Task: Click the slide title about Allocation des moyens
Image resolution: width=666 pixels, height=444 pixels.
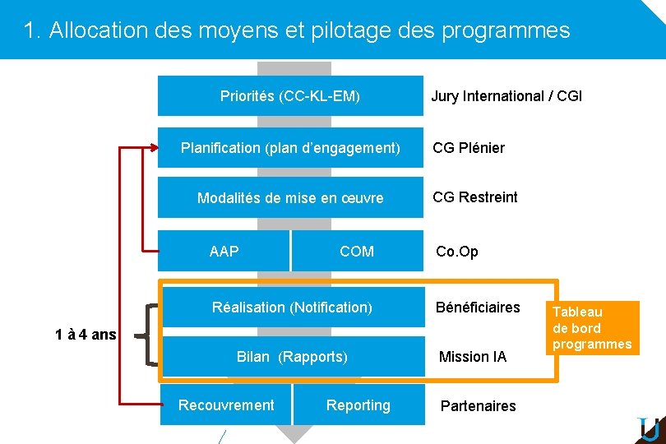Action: pos(297,30)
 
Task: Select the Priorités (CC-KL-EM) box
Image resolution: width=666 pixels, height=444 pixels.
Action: pos(289,96)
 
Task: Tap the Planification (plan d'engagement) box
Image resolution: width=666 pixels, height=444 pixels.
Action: pos(289,148)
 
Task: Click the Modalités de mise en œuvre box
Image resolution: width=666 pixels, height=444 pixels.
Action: pos(289,198)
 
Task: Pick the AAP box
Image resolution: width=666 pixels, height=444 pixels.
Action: pos(224,252)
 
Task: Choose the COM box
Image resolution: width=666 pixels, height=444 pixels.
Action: pos(357,252)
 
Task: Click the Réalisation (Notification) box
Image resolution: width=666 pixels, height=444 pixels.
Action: pos(292,308)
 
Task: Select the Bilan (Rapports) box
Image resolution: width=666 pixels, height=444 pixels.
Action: pos(292,357)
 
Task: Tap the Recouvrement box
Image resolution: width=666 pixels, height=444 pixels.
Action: pos(226,405)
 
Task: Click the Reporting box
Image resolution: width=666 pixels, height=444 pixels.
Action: pos(358,405)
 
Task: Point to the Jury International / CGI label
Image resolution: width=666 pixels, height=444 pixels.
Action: pos(506,96)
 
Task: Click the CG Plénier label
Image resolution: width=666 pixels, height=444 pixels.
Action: pos(469,148)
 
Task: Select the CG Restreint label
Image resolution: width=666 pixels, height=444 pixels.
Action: pos(475,197)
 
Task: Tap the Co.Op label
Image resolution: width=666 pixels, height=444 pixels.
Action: pos(456,252)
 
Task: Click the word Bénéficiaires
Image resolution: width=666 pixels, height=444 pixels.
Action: pos(478,308)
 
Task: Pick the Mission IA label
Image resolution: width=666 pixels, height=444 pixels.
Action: pos(473,357)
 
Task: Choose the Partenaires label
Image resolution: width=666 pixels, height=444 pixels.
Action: pos(479,405)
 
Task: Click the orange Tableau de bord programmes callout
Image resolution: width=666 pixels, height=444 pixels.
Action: pos(592,327)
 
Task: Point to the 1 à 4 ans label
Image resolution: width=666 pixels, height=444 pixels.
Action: pos(86,335)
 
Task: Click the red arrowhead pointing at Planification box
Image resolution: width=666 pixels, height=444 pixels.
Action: pos(155,148)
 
